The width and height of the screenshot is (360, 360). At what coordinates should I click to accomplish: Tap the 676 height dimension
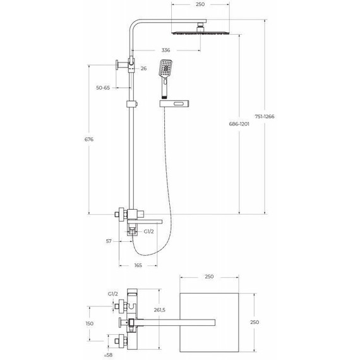click(x=89, y=140)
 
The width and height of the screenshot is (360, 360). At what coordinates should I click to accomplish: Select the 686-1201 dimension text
click(x=239, y=123)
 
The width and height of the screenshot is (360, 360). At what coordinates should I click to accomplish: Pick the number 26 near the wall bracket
click(x=144, y=68)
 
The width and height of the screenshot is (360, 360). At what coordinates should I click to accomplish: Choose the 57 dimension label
click(x=109, y=241)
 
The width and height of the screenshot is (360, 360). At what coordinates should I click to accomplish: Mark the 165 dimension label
click(x=138, y=265)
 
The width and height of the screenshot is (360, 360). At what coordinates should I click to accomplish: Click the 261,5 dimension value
click(x=159, y=309)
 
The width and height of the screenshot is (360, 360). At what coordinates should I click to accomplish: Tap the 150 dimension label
click(x=89, y=323)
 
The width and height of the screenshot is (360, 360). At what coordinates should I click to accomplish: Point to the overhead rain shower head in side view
click(x=201, y=31)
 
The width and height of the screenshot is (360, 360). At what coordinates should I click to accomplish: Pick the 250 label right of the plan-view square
click(x=255, y=322)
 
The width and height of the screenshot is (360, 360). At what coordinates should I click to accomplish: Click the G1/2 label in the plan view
click(x=114, y=294)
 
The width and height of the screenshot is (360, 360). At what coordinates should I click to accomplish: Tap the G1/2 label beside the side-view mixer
click(x=149, y=231)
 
